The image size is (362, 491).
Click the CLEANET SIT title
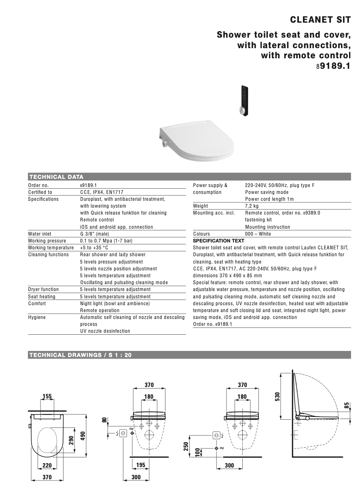pos(320,20)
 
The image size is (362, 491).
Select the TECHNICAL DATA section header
pos(56,177)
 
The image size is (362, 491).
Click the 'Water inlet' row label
pos(40,234)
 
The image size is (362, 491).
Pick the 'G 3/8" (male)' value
pos(95,234)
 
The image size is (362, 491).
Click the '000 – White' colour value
pos(258,234)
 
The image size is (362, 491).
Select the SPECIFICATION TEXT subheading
pos(219,241)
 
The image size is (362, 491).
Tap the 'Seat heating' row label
pos(42,297)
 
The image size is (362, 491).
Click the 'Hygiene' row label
pos(37,317)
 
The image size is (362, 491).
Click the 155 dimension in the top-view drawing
pos(47,397)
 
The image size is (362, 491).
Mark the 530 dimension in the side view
pos(277,396)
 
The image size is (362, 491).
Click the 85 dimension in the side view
pos(347,405)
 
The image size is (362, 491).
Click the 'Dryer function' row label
pos(43,289)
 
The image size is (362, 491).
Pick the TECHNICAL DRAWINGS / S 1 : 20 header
pos(80,355)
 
